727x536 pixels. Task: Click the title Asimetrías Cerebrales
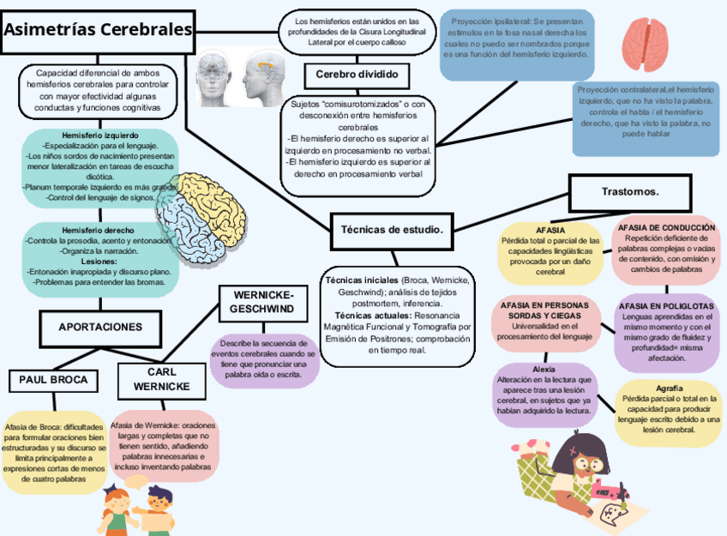pyautogui.click(x=98, y=29)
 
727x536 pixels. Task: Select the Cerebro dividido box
pyautogui.click(x=357, y=75)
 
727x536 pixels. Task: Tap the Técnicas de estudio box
pyautogui.click(x=391, y=229)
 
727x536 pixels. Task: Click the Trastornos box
pyautogui.click(x=630, y=190)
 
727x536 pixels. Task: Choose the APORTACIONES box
pyautogui.click(x=100, y=327)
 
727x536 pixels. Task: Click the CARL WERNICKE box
pyautogui.click(x=162, y=380)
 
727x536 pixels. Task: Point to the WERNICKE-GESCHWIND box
pyautogui.click(x=261, y=301)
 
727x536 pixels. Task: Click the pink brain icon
pyautogui.click(x=644, y=43)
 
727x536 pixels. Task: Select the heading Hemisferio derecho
pyautogui.click(x=98, y=230)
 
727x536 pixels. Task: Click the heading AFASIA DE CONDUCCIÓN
pyautogui.click(x=666, y=227)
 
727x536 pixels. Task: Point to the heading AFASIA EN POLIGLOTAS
pyautogui.click(x=666, y=305)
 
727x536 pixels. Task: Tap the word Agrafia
pyautogui.click(x=670, y=388)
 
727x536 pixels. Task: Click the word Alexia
pyautogui.click(x=544, y=369)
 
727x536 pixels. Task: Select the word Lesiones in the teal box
pyautogui.click(x=98, y=261)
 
